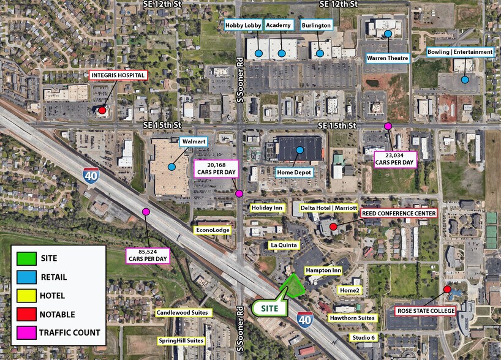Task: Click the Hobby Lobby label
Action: coord(243,25)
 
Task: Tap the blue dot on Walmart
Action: coord(173,166)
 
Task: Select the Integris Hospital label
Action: coord(118,75)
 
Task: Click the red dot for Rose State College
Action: coord(447,289)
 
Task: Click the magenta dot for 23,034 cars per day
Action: coord(388,126)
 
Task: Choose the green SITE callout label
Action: coord(271,307)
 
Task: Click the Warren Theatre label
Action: coord(388,58)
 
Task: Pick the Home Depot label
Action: coord(295,173)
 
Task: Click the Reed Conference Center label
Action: coord(398,213)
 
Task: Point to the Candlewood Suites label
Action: coord(184,313)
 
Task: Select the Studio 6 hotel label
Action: coord(364,337)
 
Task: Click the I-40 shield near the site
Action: coord(304,319)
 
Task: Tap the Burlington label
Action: coord(317,25)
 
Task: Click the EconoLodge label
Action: coord(213,230)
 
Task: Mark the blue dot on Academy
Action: coord(282,53)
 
